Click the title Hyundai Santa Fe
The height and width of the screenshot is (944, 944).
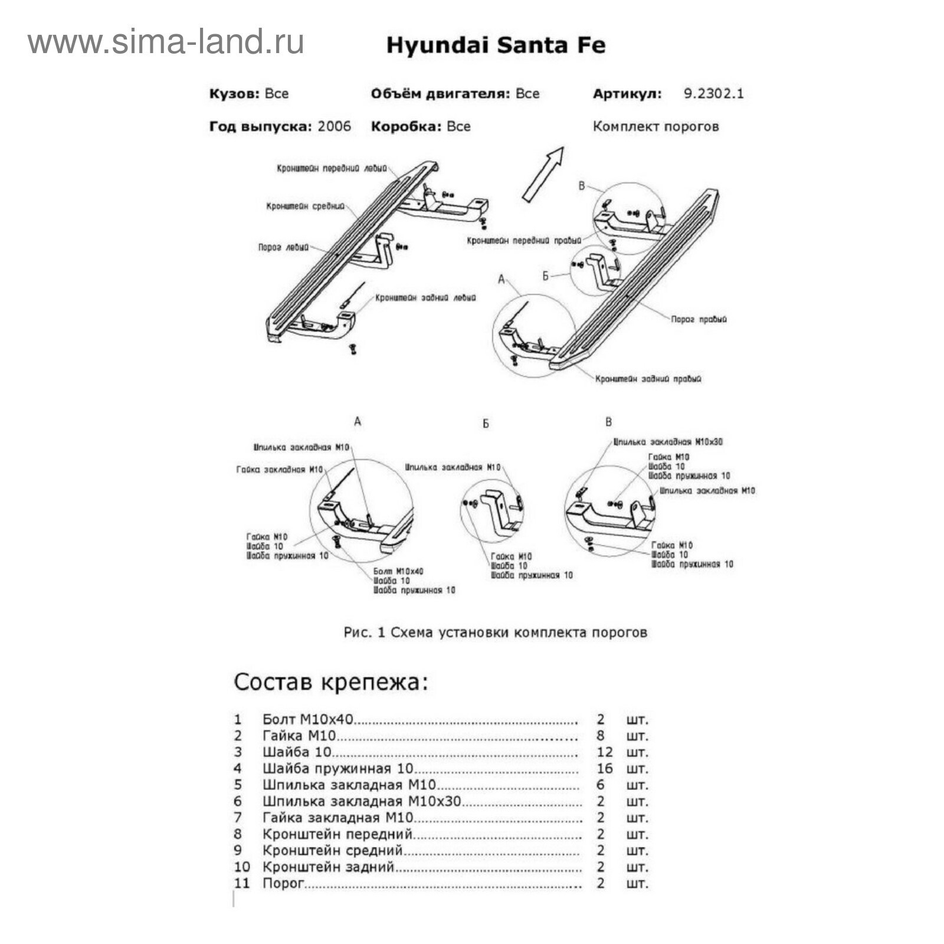[496, 45]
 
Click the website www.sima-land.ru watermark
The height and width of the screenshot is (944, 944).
[166, 42]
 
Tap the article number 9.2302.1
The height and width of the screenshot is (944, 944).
[713, 93]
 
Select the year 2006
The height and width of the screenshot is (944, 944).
[334, 126]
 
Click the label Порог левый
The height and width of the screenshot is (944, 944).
[283, 247]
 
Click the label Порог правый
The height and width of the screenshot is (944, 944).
[699, 319]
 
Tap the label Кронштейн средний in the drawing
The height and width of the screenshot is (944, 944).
[305, 206]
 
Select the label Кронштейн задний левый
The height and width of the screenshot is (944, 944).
[425, 298]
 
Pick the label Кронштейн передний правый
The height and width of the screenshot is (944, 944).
[524, 241]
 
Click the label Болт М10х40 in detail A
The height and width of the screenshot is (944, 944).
[398, 571]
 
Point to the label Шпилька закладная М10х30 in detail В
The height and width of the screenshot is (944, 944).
[668, 441]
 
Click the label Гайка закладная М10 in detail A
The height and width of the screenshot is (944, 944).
[280, 470]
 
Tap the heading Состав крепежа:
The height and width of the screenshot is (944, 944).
[330, 682]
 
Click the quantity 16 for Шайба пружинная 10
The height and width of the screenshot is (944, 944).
[604, 768]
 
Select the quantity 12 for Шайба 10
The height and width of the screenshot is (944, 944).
[604, 752]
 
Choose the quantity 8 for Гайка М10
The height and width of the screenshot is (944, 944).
[601, 735]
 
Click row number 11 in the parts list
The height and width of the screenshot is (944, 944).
[242, 883]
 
